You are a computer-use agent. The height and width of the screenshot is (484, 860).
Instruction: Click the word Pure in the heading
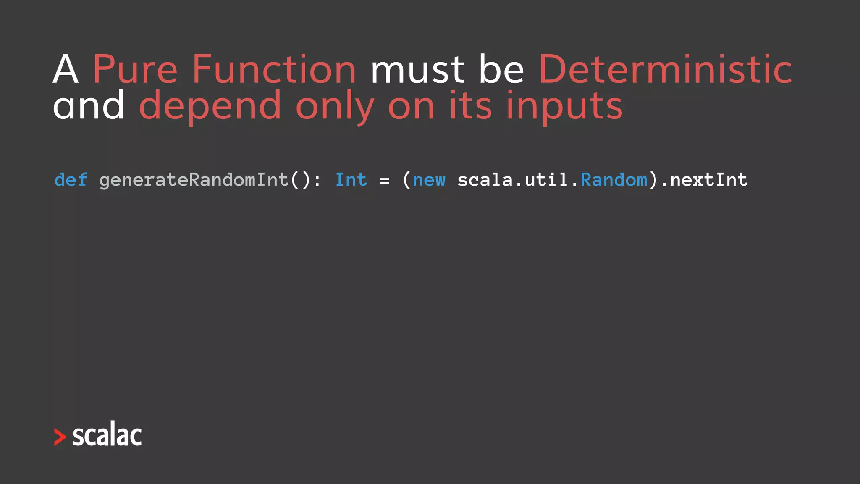coord(135,69)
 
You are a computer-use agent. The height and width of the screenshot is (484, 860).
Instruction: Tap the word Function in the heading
coord(274,69)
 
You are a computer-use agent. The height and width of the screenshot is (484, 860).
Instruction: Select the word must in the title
coord(417,70)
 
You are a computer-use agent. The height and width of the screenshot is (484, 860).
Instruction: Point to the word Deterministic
coord(665,69)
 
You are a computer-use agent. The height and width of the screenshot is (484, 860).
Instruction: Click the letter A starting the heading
coord(66,69)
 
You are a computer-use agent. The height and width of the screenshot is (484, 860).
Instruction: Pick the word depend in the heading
coord(210,106)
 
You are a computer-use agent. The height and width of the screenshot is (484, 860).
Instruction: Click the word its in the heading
coord(470,105)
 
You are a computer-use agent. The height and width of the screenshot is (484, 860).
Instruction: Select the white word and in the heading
coord(89,105)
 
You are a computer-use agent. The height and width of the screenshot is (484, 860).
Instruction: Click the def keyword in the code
coord(71,180)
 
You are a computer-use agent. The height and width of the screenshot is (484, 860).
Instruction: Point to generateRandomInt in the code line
coord(194,180)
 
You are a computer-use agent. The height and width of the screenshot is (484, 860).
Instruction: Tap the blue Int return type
coord(351,180)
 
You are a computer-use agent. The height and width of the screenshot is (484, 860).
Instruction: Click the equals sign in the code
coord(384,181)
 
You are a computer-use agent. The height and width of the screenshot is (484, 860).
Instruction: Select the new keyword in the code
coord(429,180)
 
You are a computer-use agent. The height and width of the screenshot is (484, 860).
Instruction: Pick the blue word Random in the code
coord(614,180)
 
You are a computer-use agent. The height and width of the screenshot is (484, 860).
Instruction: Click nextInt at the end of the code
coord(709,180)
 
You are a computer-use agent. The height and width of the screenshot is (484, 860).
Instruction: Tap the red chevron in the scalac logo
coord(60,437)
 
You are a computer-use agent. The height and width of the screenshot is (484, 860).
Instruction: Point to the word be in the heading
coord(501,69)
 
